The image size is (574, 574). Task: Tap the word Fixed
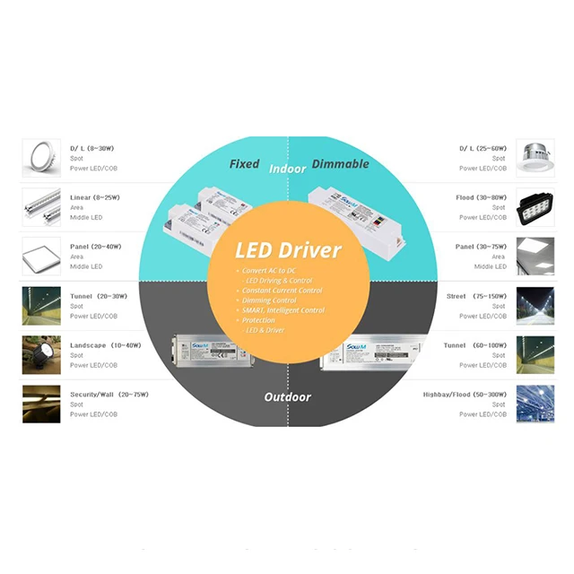point(244,164)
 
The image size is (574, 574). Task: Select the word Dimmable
point(340,164)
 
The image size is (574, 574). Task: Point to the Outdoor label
point(287,396)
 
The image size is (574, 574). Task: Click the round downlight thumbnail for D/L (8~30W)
point(41,158)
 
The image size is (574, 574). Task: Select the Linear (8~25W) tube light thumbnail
point(41,207)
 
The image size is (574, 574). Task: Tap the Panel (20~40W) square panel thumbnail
point(41,256)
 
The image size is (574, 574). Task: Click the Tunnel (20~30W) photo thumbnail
point(41,305)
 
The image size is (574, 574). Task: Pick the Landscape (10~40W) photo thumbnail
point(41,354)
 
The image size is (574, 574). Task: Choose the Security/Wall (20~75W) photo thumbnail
point(41,404)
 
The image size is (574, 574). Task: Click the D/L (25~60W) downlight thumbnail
point(535,158)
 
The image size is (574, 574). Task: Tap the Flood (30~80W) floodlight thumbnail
point(535,207)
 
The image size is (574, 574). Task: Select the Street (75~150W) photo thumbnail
point(535,305)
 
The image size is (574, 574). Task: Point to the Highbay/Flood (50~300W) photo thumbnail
point(535,404)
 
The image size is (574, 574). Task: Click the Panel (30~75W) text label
point(481,247)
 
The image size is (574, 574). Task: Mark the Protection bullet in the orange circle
point(261,320)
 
